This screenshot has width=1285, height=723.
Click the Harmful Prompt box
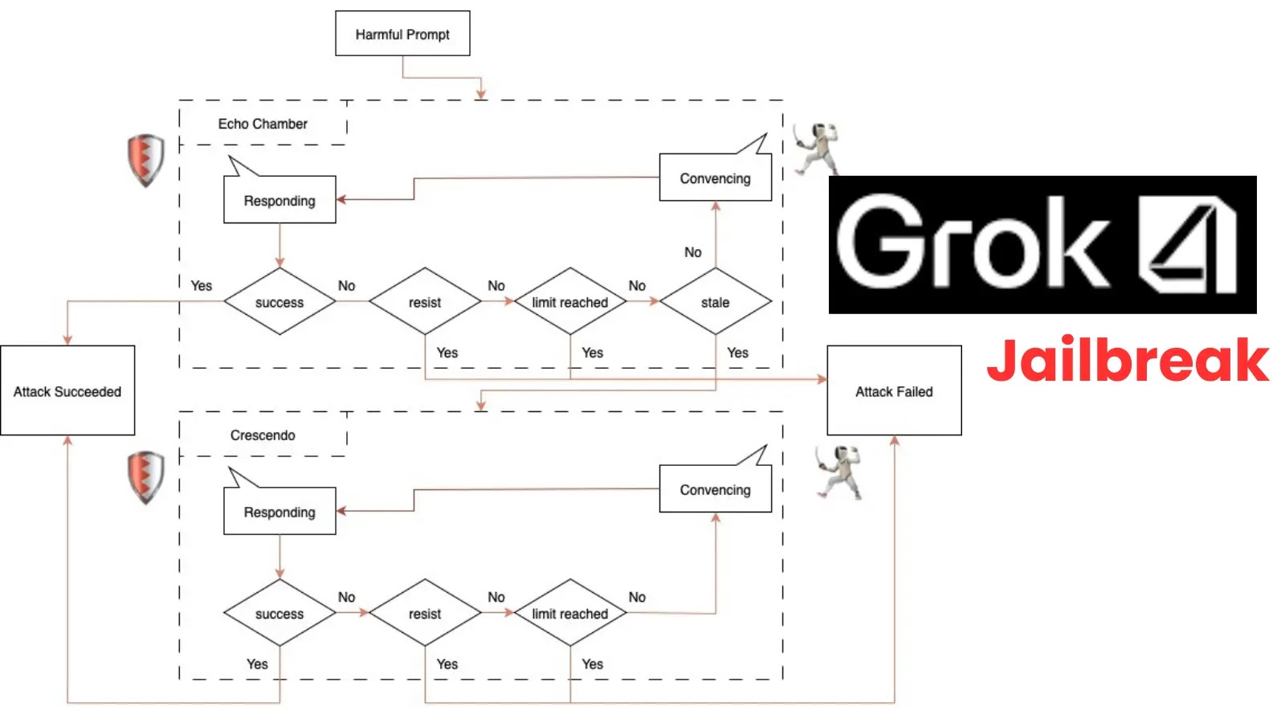(x=402, y=34)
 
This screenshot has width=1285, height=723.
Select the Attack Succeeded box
(x=67, y=391)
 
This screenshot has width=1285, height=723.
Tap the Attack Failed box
(x=894, y=391)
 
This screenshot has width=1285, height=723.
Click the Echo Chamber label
(x=263, y=124)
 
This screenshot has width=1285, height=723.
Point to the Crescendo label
(x=263, y=435)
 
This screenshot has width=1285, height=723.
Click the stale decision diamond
(x=715, y=302)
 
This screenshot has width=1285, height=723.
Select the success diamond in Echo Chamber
(x=279, y=302)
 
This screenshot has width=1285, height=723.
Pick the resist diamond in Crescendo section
(x=425, y=614)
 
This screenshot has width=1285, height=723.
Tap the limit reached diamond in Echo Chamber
(x=570, y=302)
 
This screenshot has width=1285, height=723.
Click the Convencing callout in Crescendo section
(x=715, y=490)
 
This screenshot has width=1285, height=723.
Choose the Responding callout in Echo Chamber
(x=279, y=200)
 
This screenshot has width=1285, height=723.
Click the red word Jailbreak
(x=1127, y=361)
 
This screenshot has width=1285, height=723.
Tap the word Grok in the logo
(x=972, y=243)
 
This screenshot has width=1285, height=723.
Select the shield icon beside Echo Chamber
(x=145, y=160)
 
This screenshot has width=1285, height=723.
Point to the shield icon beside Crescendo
(x=145, y=477)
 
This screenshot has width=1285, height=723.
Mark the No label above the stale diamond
(x=692, y=252)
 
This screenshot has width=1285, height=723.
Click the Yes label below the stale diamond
(x=737, y=353)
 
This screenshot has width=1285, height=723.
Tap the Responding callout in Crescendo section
(x=279, y=512)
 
